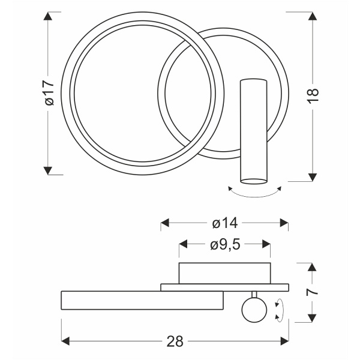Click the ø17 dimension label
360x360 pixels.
50,93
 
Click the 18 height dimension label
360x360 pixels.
313,95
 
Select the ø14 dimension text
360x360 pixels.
225,223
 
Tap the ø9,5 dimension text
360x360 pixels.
225,245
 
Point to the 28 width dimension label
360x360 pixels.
175,341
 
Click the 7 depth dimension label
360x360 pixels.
313,292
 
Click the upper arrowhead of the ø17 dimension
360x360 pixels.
48,16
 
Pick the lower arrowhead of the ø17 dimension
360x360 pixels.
48,171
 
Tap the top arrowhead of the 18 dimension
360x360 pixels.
313,16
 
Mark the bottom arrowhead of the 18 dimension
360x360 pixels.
313,177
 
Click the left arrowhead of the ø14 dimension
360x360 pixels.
165,223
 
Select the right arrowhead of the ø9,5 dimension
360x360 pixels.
266,244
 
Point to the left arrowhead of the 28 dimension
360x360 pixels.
65,341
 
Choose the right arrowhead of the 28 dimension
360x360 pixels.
284,341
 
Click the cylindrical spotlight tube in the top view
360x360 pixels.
254,131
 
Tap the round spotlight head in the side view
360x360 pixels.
254,310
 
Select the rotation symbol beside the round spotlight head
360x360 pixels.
279,310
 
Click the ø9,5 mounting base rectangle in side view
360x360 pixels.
225,273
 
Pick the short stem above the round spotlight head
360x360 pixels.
254,295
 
